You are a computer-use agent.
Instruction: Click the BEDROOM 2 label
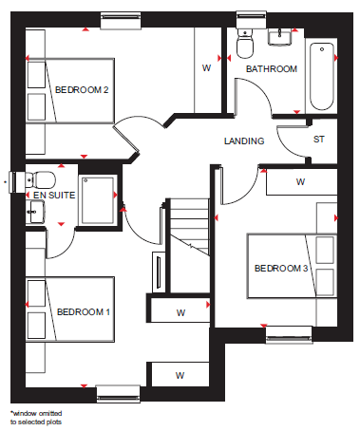[82, 90]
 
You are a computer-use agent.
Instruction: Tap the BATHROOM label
[272, 69]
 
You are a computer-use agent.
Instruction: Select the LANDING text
[244, 141]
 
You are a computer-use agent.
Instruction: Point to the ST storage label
[318, 140]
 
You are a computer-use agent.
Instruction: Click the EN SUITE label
[54, 196]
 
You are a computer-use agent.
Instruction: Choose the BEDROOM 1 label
[84, 312]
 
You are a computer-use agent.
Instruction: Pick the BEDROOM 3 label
[281, 269]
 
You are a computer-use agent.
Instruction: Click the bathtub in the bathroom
[322, 76]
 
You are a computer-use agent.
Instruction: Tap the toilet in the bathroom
[245, 44]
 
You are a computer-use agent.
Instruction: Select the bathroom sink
[280, 37]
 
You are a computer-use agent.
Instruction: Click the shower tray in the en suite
[98, 200]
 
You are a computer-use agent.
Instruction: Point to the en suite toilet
[41, 179]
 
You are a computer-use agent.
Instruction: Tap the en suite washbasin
[35, 212]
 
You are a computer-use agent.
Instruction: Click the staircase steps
[190, 227]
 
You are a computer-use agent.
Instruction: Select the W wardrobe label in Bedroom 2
[206, 67]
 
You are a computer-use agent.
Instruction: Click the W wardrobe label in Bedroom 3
[300, 181]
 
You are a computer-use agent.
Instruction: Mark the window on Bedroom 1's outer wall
[118, 394]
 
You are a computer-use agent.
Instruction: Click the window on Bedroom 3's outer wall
[289, 335]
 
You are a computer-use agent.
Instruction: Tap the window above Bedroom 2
[121, 21]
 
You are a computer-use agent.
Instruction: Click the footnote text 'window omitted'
[37, 413]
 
